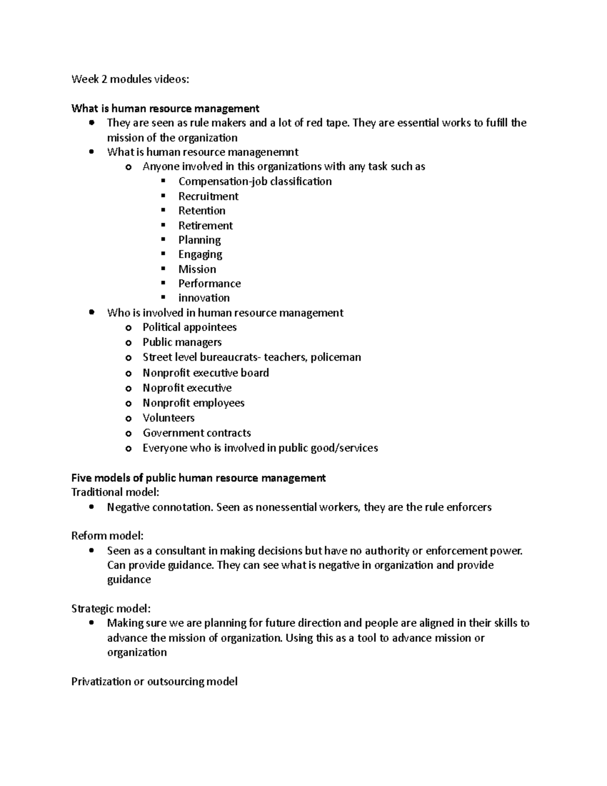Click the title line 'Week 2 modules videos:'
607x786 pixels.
click(x=131, y=79)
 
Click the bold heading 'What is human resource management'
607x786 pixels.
click(x=165, y=108)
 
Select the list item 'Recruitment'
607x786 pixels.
click(x=208, y=196)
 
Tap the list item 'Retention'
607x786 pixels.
click(x=201, y=211)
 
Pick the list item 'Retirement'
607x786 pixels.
click(x=205, y=225)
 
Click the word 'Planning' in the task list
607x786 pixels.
click(x=199, y=240)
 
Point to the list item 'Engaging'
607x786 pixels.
click(x=200, y=254)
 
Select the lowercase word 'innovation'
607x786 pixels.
click(x=204, y=298)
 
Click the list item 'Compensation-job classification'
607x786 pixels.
click(x=255, y=181)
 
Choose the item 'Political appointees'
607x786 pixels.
click(x=189, y=327)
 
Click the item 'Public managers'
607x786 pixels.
click(x=182, y=342)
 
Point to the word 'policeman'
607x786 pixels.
click(x=335, y=357)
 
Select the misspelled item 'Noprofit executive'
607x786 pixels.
click(x=187, y=388)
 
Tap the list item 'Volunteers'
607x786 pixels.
click(x=168, y=418)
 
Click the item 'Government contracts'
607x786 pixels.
click(x=197, y=433)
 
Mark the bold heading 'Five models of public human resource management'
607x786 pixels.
click(x=198, y=478)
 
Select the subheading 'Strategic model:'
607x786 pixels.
click(x=111, y=608)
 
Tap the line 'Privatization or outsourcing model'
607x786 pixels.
click(x=154, y=681)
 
